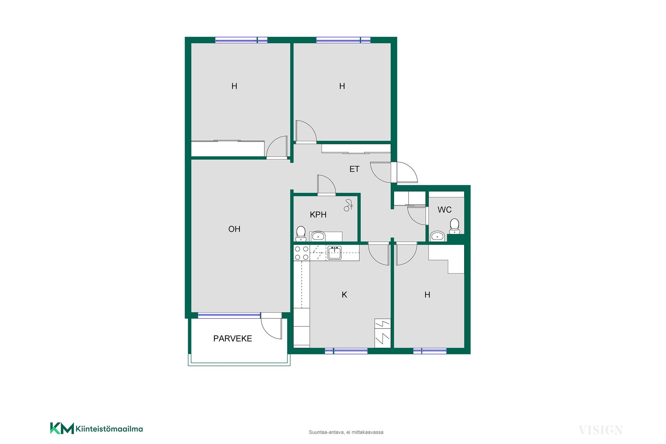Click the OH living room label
pos(234,229)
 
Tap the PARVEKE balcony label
pos(232,339)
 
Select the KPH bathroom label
pos(318,215)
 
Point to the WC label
pos(444,210)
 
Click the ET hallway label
pos(354,169)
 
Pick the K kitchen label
pos(344,295)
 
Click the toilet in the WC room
pos(454,226)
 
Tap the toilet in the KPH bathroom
pos(301,233)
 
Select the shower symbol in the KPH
pos(348,205)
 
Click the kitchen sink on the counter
pos(334,253)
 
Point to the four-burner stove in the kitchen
pos(301,253)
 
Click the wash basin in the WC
pos(437,236)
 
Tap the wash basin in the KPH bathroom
pos(318,236)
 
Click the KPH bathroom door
pos(326,185)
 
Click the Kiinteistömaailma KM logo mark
pos(62,428)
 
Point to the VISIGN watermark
pos(601,430)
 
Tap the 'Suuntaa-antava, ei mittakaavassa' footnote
pos(346,432)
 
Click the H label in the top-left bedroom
pos(234,86)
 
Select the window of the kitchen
pos(346,351)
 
